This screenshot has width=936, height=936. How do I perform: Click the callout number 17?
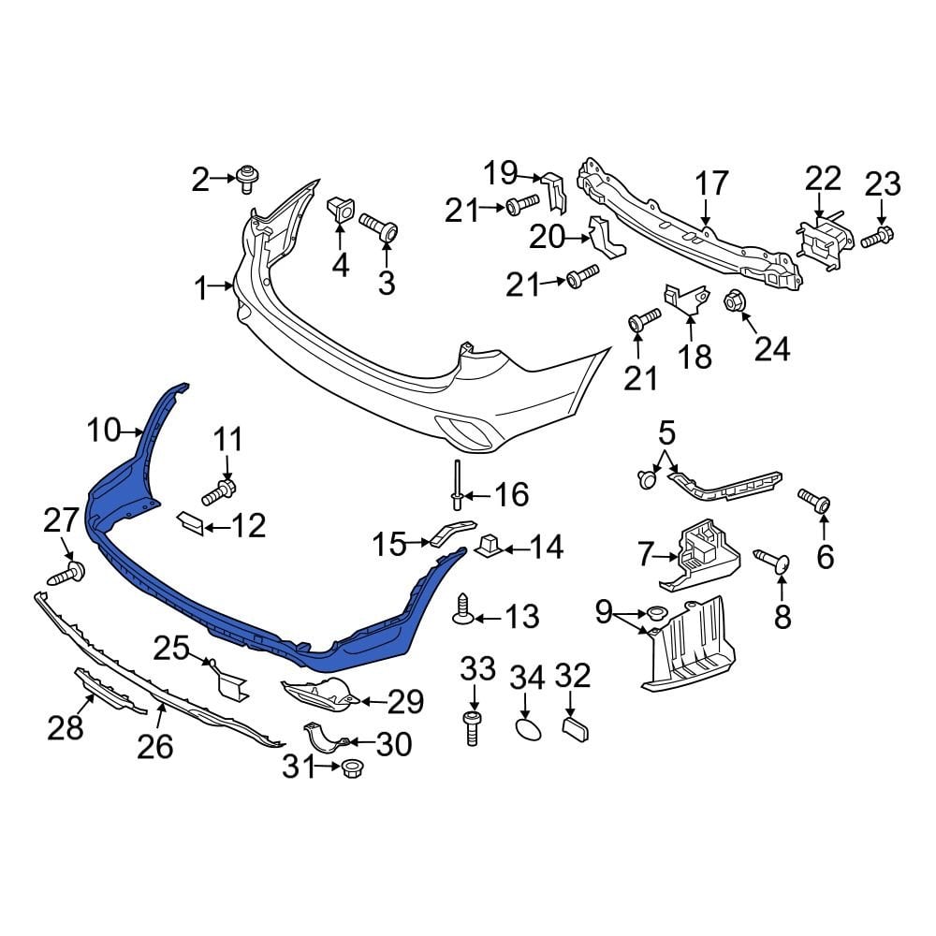tap(711, 183)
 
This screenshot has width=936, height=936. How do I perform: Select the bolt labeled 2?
tap(247, 177)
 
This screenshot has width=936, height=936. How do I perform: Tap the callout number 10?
tap(105, 431)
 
